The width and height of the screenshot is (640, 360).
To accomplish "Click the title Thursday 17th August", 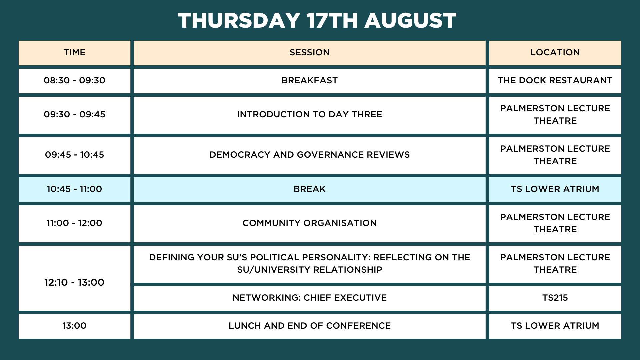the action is tap(317, 20).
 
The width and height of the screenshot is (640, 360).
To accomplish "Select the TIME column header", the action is tap(74, 53).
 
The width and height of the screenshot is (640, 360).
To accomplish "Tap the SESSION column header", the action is tap(309, 53).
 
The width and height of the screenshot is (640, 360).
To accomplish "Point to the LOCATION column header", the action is tap(555, 53).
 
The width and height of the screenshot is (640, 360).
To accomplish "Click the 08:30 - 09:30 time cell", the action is tap(74, 81).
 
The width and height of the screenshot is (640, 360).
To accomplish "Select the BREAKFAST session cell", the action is tap(309, 81).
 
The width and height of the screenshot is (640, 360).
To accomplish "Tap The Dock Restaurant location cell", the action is tap(555, 81).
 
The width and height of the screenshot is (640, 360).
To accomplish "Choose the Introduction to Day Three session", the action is tap(309, 115).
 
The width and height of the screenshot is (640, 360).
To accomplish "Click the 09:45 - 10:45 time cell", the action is tap(74, 155).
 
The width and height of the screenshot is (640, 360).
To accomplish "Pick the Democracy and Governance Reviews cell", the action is tap(309, 155).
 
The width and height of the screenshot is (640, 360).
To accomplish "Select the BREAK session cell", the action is tap(309, 189).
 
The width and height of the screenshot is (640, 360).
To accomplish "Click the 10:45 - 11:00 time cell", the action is tap(74, 189).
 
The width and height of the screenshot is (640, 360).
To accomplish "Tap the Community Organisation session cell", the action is tap(309, 223).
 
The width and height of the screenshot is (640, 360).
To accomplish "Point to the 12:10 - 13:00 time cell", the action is tap(74, 278).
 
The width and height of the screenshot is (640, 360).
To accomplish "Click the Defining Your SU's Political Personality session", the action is tap(309, 264).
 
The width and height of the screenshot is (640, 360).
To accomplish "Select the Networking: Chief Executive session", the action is tap(309, 298).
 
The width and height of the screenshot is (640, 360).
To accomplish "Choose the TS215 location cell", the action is tap(555, 298).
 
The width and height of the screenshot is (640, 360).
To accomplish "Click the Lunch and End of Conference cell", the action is tap(309, 326).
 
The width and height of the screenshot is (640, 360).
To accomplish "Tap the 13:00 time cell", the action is tap(74, 326).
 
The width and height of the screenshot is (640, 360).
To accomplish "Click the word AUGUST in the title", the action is tap(410, 20).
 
